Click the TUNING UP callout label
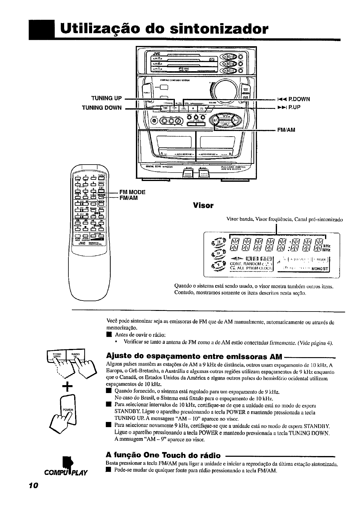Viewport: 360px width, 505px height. tap(106, 98)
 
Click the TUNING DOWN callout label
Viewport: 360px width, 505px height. tap(102, 107)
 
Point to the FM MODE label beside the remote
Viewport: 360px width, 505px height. tap(132, 192)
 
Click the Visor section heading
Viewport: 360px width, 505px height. tap(203, 206)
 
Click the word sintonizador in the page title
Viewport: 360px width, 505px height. tap(219, 30)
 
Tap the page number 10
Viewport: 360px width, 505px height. tap(33, 485)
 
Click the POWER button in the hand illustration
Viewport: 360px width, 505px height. tap(68, 409)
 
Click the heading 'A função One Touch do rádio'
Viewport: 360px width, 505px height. tap(163, 455)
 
